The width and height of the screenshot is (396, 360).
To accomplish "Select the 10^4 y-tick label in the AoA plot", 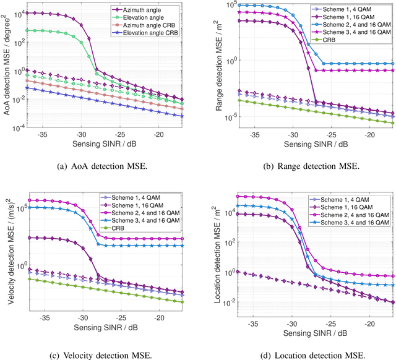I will click(x=23, y=13).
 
